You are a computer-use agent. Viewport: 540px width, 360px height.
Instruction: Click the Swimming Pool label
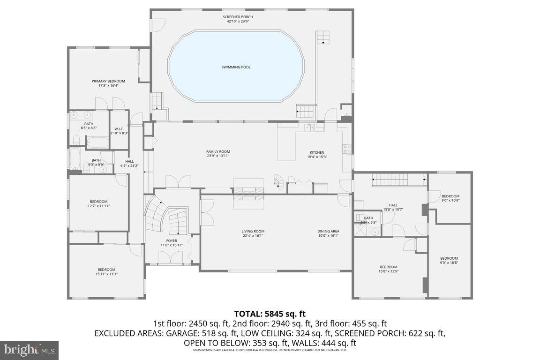point(236,67)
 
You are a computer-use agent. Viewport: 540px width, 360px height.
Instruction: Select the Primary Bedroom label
point(108,81)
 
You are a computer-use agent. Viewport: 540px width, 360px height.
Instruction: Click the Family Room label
point(218,151)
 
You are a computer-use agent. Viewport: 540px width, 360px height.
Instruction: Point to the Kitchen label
point(317,152)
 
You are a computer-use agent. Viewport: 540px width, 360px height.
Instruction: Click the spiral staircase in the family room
point(279,182)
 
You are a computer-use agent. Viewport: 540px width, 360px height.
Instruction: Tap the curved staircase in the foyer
point(166,217)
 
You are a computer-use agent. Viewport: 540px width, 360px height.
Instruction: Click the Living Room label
point(253,231)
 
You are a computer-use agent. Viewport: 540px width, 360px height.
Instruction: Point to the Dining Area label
point(328,231)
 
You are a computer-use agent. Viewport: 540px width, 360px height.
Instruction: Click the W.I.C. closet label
point(119,129)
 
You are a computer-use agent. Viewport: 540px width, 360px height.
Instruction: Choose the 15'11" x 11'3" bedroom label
point(106,270)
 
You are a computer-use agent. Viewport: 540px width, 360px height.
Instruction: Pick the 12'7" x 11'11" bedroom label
point(98,202)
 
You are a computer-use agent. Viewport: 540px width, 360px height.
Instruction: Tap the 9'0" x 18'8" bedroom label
point(449,258)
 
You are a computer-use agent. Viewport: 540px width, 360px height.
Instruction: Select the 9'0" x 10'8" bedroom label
point(450,196)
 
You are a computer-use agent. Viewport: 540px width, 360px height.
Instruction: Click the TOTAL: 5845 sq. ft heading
point(270,314)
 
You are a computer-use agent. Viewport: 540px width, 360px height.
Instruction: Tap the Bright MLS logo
point(29,350)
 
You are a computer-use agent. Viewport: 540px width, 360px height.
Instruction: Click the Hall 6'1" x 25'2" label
point(129,161)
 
